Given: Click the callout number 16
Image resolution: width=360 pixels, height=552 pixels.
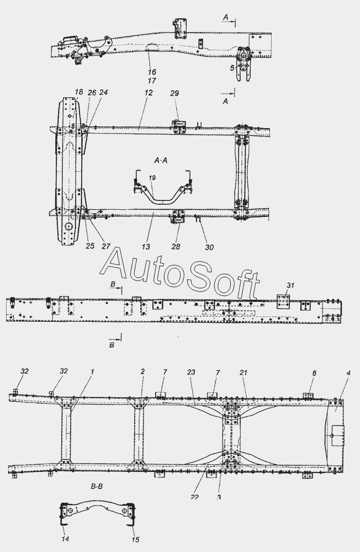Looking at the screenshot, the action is [152, 72].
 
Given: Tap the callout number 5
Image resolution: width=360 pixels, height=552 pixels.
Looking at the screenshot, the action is [233, 68].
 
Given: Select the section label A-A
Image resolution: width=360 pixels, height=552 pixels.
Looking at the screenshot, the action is [165, 160].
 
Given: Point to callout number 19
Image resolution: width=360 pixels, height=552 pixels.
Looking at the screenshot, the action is [152, 178].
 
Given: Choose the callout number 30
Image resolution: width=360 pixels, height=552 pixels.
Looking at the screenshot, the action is [210, 247].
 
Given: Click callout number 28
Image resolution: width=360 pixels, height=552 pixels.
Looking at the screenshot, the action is [176, 247].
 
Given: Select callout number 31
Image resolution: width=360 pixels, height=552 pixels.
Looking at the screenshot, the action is [290, 285].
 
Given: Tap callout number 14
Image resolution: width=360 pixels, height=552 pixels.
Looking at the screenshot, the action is [65, 539].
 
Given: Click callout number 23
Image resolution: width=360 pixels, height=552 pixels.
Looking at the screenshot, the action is [192, 372].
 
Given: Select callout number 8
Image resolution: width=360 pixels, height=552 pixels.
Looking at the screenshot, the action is [314, 374].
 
